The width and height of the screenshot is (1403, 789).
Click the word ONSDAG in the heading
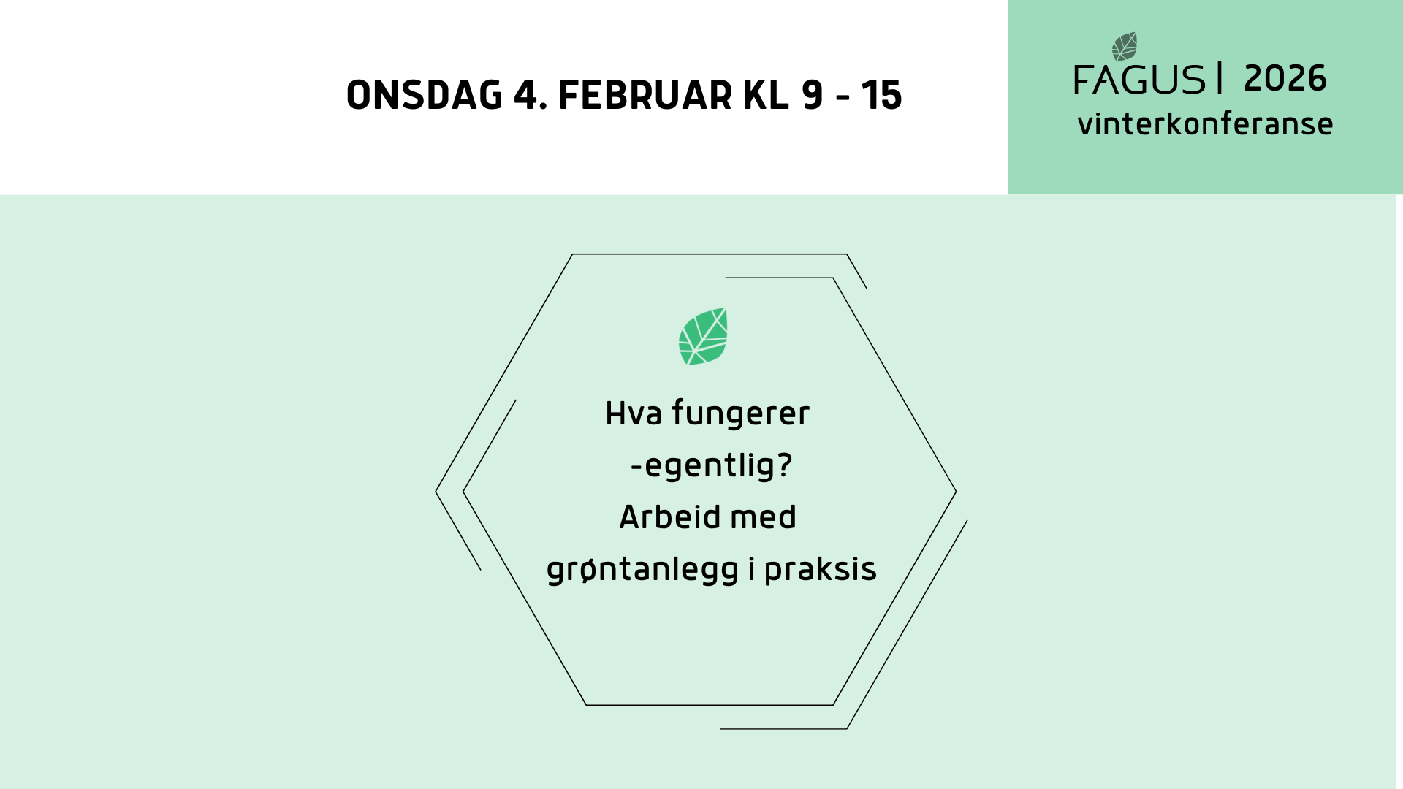pos(424,96)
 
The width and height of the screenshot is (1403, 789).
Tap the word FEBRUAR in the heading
pos(645,96)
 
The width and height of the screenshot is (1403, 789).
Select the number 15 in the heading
pos(881,96)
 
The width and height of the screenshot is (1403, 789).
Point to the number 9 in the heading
pos(812,96)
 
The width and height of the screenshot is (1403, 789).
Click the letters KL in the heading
pos(766,96)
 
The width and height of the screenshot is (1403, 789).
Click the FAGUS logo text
pos(1139,80)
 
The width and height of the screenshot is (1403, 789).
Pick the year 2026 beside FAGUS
pos(1285,79)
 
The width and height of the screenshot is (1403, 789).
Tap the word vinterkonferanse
pos(1205,124)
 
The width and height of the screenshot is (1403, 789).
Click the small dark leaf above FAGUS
pos(1125,47)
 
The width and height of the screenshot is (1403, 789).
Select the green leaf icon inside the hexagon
pos(703,337)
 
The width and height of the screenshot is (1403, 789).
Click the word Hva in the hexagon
pos(634,413)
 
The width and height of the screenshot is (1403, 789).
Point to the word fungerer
pos(740,413)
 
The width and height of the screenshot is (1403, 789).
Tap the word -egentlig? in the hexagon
pos(711,465)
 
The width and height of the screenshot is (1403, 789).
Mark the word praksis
pos(820,570)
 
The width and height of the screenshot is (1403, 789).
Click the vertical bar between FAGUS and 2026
pos(1220,78)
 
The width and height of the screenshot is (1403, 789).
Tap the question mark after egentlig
pos(785,465)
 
